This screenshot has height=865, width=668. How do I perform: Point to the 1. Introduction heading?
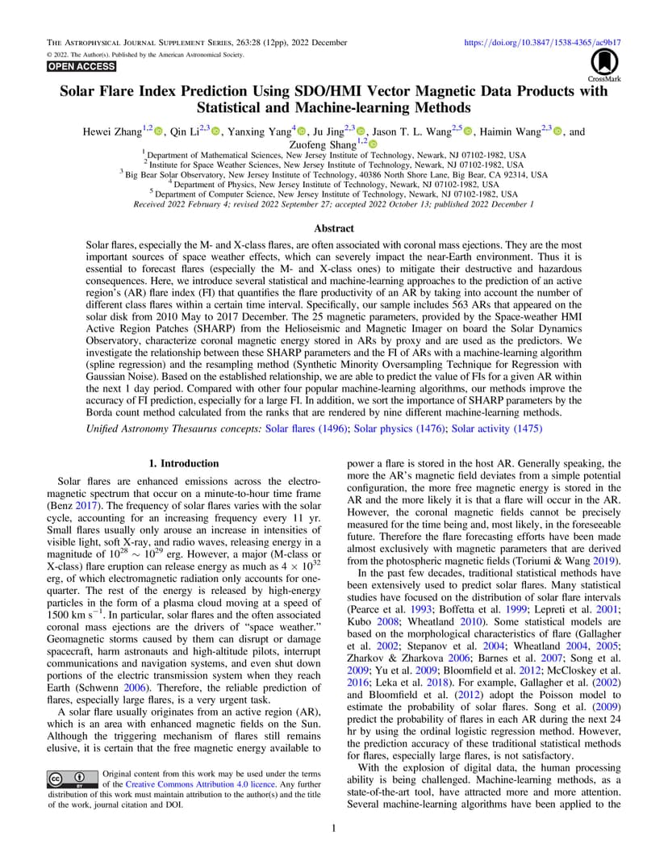[185, 463]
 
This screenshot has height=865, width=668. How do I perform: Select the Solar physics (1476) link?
[399, 428]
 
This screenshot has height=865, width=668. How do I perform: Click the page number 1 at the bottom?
[334, 828]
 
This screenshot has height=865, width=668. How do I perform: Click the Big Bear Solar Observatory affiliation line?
[333, 174]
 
